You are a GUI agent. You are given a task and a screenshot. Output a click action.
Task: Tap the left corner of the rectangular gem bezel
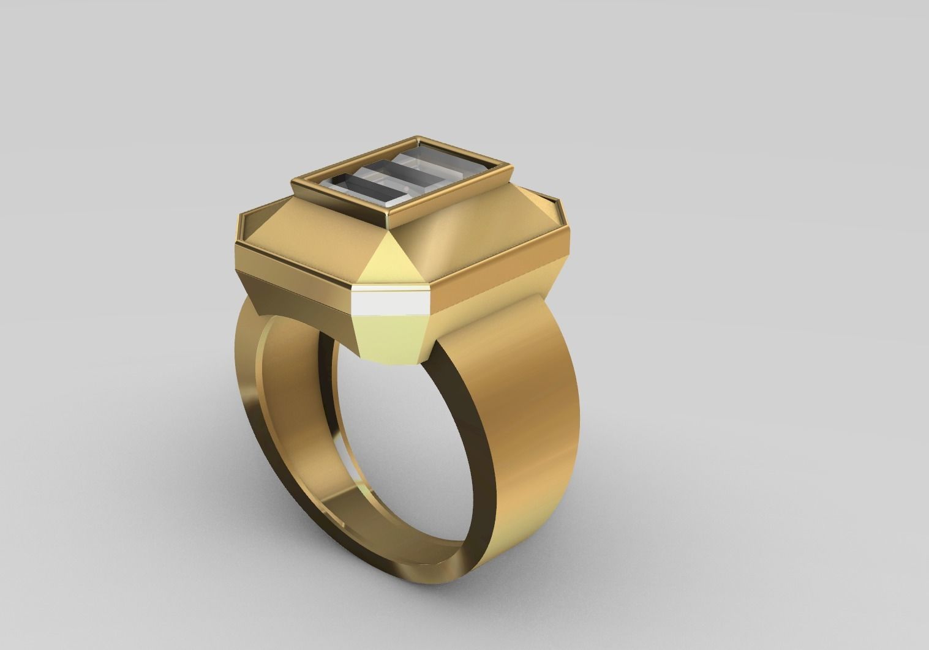(296, 180)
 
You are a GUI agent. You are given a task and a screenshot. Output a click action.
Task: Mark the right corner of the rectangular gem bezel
(508, 164)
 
